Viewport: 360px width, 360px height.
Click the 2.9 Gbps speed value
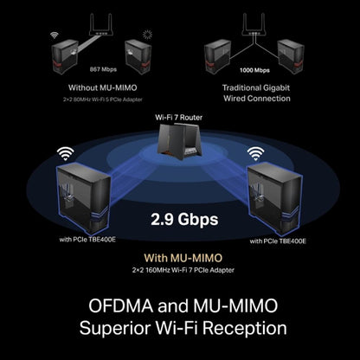click(184, 220)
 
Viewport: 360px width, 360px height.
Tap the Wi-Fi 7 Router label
click(178, 118)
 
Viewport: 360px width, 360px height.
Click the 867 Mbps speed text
click(103, 69)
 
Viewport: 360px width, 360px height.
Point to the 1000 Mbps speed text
click(254, 70)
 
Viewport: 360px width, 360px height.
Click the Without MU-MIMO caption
click(103, 87)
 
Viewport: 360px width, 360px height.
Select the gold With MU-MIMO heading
click(183, 258)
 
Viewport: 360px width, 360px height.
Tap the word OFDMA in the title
click(120, 305)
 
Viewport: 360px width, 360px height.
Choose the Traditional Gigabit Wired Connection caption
click(256, 93)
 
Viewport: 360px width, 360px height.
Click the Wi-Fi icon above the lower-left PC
click(65, 153)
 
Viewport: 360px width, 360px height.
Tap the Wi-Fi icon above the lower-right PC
click(255, 153)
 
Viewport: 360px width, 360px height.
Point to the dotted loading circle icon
click(147, 35)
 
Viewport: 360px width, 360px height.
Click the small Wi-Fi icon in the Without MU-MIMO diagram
click(55, 35)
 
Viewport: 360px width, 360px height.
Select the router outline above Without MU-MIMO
click(100, 24)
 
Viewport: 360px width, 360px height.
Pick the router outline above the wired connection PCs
click(254, 24)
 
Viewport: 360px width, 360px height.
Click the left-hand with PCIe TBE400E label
click(87, 240)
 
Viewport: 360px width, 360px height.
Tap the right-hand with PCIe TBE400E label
click(278, 241)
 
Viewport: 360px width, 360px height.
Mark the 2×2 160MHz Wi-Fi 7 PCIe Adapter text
click(183, 270)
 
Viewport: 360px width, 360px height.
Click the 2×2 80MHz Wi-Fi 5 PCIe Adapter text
click(103, 100)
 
